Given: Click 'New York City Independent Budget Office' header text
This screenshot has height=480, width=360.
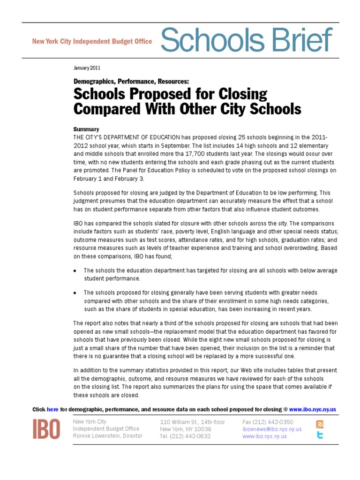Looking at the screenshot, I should pyautogui.click(x=92, y=41).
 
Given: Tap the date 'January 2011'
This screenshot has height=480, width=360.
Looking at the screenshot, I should pyautogui.click(x=87, y=67).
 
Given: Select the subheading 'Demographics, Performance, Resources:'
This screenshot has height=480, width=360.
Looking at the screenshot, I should pyautogui.click(x=131, y=81).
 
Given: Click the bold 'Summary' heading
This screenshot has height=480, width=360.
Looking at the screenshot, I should pyautogui.click(x=86, y=129).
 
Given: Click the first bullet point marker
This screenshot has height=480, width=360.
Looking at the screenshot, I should pyautogui.click(x=75, y=271).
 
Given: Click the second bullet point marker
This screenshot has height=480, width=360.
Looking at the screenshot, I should pyautogui.click(x=75, y=292).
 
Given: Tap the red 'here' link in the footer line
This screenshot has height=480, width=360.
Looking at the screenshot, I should pyautogui.click(x=52, y=409).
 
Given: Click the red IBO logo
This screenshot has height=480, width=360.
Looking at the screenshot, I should pyautogui.click(x=46, y=428).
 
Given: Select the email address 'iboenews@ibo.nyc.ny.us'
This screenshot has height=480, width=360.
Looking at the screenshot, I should pyautogui.click(x=272, y=429).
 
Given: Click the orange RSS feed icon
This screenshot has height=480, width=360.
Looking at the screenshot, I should pyautogui.click(x=320, y=425).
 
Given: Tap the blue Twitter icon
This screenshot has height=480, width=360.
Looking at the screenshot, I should pyautogui.click(x=320, y=435).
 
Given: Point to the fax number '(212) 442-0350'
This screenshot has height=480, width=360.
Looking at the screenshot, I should pyautogui.click(x=280, y=422).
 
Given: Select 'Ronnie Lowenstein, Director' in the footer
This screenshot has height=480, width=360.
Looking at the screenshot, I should pyautogui.click(x=107, y=435).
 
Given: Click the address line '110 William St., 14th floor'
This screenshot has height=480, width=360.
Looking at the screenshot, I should pyautogui.click(x=192, y=422).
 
